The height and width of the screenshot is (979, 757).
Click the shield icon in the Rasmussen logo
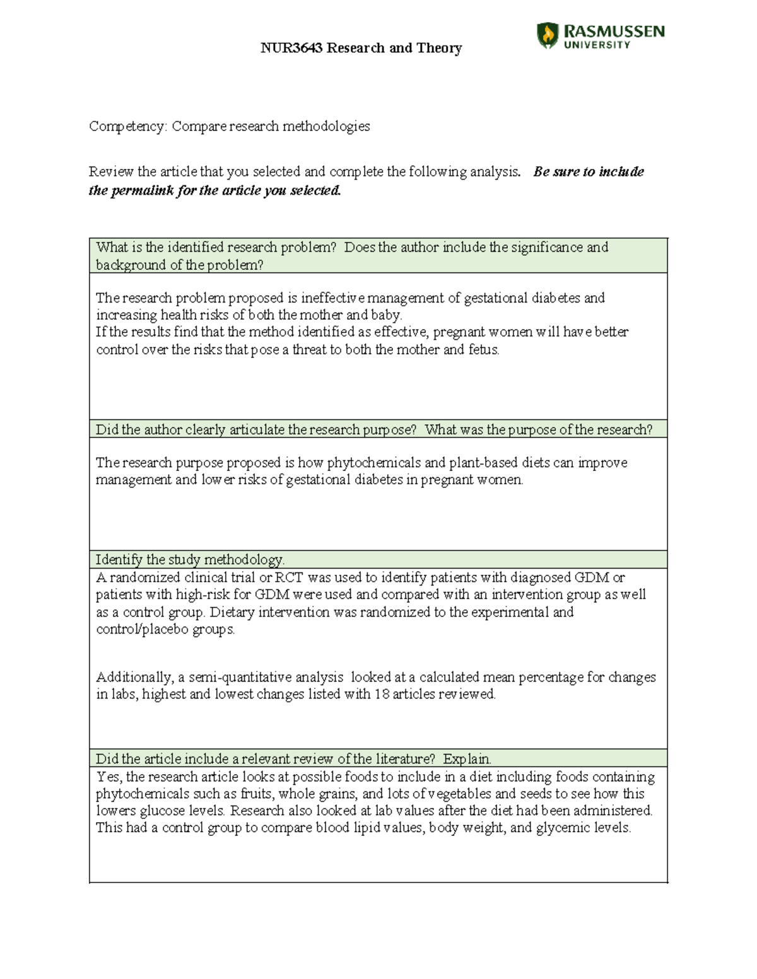547,35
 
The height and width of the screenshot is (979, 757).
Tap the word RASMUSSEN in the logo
614,32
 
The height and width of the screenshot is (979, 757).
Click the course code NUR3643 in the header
291,48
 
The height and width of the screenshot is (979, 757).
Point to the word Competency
127,126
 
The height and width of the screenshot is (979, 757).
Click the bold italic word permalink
142,190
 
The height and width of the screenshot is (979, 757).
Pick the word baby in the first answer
385,315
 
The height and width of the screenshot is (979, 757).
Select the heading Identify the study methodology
190,560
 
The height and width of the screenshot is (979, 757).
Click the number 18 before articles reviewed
382,694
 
